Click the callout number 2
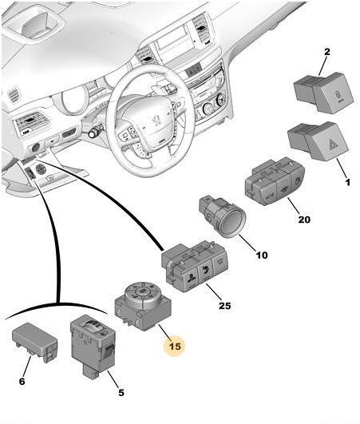(x=327, y=52)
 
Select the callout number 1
(x=348, y=182)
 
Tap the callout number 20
(x=304, y=220)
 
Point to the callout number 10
(x=262, y=255)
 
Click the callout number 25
(x=224, y=306)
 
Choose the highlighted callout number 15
(x=175, y=346)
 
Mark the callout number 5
(x=121, y=392)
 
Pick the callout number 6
(x=22, y=381)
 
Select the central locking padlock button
(x=323, y=93)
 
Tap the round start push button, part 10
(x=223, y=216)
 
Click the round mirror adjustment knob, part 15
(x=143, y=306)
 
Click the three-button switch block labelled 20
(x=275, y=181)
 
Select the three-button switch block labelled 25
(x=195, y=267)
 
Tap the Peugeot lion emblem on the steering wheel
(x=156, y=121)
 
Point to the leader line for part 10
(x=247, y=243)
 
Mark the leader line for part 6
(x=27, y=367)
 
